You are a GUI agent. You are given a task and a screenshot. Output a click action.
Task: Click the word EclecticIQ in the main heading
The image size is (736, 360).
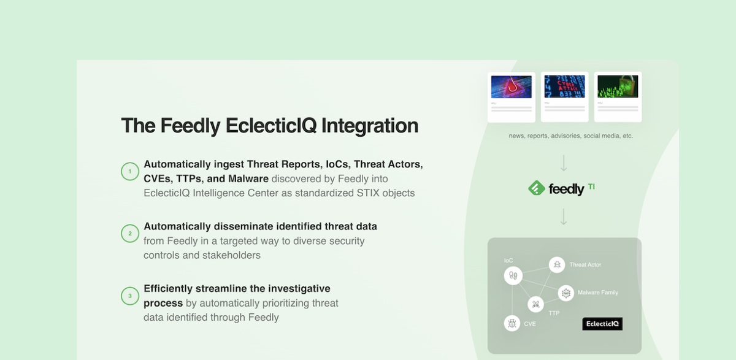tap(271, 126)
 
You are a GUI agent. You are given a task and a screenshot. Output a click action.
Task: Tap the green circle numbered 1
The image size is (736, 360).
tap(130, 171)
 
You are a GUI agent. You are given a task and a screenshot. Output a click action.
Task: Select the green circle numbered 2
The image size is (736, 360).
tap(130, 234)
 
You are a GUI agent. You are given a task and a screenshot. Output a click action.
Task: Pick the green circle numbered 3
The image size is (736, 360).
tap(130, 296)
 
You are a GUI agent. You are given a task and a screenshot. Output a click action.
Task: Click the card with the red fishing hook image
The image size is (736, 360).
tap(512, 96)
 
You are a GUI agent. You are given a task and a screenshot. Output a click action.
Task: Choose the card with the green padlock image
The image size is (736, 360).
tap(618, 96)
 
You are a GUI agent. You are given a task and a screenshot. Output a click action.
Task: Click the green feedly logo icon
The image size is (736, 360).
tap(537, 188)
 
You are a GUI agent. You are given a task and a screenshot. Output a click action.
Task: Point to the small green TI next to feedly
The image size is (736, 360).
tap(591, 186)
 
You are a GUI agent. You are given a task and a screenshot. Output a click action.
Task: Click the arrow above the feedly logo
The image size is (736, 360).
tap(564, 163)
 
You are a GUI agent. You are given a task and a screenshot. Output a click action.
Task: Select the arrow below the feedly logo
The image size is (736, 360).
tap(564, 216)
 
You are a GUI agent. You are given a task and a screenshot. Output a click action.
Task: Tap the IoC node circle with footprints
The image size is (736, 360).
tap(513, 276)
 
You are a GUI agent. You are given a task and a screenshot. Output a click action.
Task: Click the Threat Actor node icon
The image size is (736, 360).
tap(557, 265)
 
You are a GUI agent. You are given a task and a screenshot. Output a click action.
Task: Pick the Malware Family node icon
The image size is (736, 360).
tap(565, 293)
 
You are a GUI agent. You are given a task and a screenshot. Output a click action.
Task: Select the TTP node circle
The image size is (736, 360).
tap(536, 304)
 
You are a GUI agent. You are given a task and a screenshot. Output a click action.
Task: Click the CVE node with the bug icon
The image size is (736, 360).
tap(512, 323)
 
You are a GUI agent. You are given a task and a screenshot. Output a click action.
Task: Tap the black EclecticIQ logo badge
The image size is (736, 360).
tap(602, 324)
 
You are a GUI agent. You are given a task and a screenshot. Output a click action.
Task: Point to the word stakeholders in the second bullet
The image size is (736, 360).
tap(232, 255)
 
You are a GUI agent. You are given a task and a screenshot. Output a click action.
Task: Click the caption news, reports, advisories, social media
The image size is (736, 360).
tap(570, 136)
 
